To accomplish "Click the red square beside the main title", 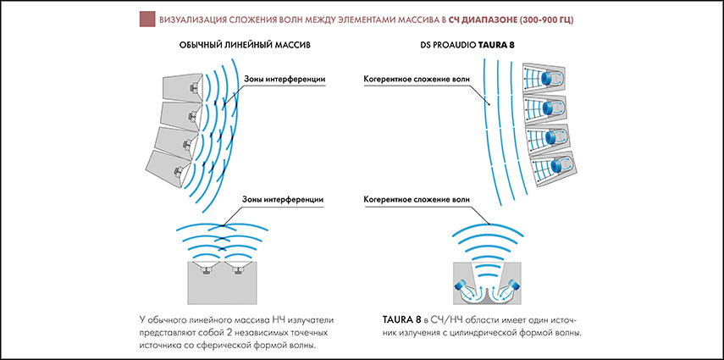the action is pos(147,19).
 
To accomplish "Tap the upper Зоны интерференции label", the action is pos(284,80).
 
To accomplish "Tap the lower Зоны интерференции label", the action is pos(283,200).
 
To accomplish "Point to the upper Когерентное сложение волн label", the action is pos(417,80).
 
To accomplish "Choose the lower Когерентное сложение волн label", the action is pos(417,200).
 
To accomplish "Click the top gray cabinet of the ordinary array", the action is pos(181,89).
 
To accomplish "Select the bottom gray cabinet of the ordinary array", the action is pos(169,169).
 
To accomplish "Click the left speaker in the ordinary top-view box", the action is pos(207,269).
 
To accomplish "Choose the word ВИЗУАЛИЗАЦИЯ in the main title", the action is pos(186,20).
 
